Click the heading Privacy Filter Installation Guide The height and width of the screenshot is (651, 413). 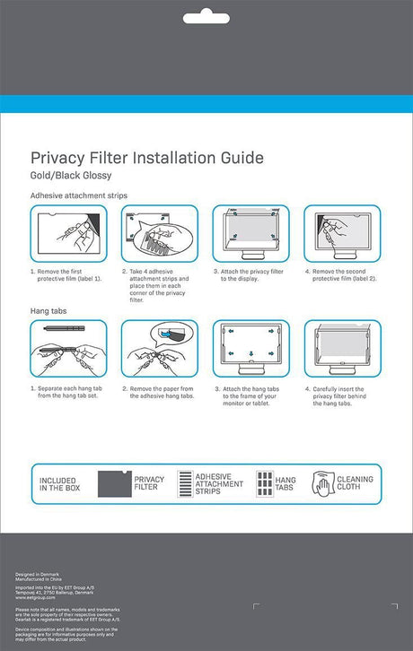tap(147, 158)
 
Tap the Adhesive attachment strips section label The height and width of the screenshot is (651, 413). tap(79, 195)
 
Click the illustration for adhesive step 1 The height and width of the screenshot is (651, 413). tap(68, 234)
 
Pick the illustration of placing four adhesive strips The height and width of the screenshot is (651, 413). tap(159, 234)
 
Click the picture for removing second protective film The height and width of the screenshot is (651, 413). tap(340, 234)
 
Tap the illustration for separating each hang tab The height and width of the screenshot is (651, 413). tap(68, 350)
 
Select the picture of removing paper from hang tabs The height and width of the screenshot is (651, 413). tap(159, 350)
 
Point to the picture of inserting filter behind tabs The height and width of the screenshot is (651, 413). tap(340, 350)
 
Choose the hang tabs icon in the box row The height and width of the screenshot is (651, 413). tap(265, 484)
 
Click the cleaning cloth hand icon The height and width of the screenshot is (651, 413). tap(323, 485)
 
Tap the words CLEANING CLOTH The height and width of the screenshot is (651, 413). tap(355, 485)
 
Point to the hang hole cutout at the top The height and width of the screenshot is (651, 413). tap(206, 17)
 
